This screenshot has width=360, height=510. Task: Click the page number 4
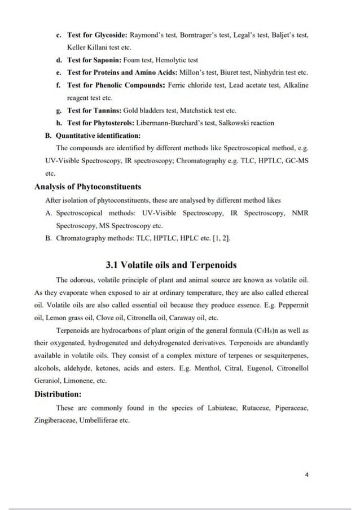[306, 474]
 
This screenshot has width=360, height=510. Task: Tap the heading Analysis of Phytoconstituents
[87, 186]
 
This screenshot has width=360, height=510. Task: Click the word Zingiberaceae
[55, 420]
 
